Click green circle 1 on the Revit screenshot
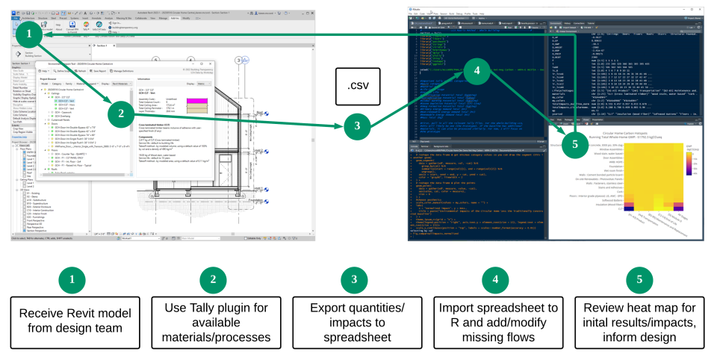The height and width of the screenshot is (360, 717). click(x=28, y=35)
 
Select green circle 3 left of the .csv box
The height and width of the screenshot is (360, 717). click(x=379, y=126)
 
